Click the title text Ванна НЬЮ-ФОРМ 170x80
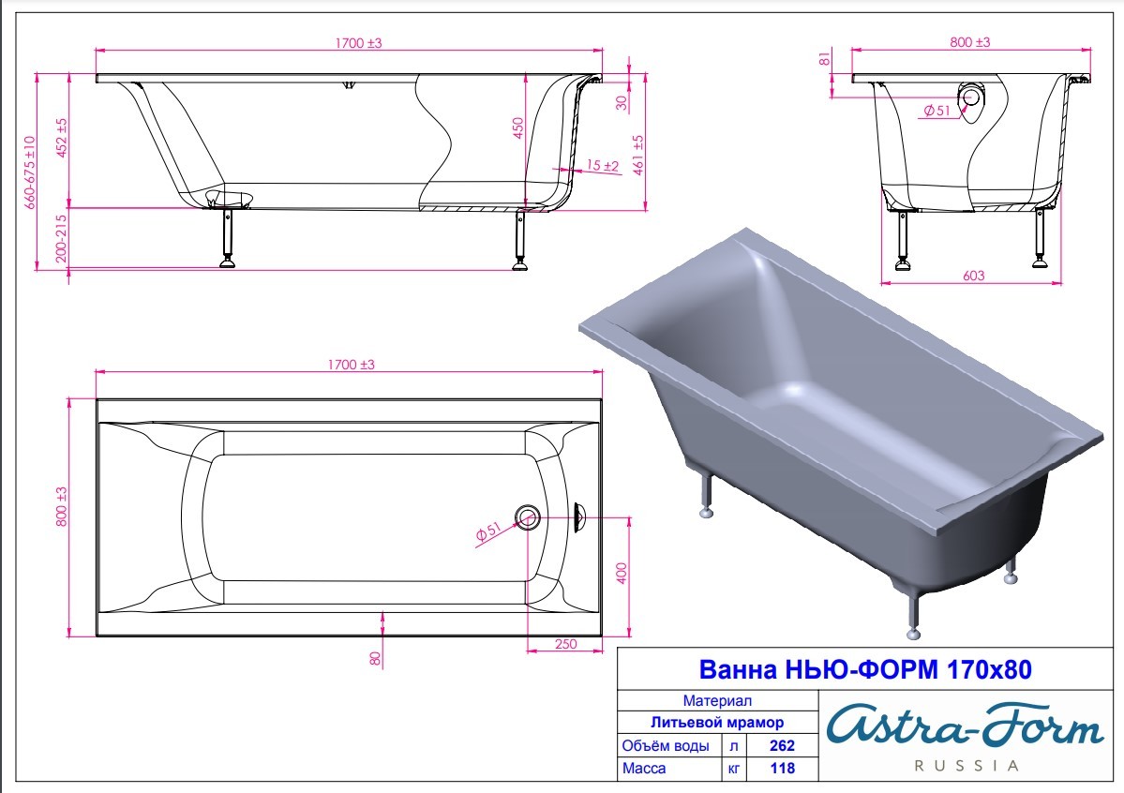coord(864,669)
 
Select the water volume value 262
coord(782,746)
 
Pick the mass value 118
coord(782,768)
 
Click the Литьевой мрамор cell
coord(717,723)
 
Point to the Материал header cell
coord(717,701)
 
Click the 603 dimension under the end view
coord(973,276)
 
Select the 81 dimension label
coord(826,57)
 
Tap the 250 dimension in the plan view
coord(565,644)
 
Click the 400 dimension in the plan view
coord(622,573)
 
